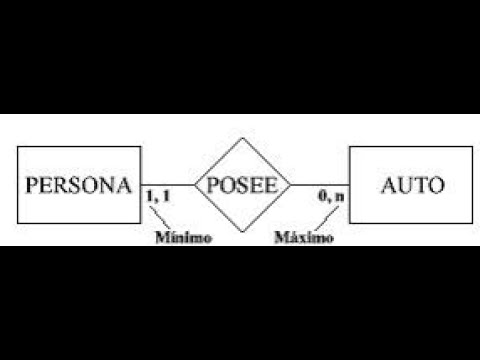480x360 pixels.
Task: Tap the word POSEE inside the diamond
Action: pyautogui.click(x=241, y=186)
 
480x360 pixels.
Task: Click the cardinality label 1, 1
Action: pyautogui.click(x=157, y=199)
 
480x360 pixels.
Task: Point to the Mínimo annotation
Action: pyautogui.click(x=182, y=238)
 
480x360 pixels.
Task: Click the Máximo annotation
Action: pyautogui.click(x=304, y=238)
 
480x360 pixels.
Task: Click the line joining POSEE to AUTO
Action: pyautogui.click(x=319, y=185)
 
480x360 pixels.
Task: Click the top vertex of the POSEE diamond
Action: pyautogui.click(x=242, y=137)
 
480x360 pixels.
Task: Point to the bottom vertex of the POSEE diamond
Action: pyautogui.click(x=242, y=234)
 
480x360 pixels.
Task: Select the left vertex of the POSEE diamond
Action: pyautogui.click(x=193, y=185)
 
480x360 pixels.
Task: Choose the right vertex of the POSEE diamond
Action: pyautogui.click(x=291, y=185)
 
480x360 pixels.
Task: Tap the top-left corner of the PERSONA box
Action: pyautogui.click(x=19, y=147)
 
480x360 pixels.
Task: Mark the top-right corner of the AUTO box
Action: pyautogui.click(x=467, y=147)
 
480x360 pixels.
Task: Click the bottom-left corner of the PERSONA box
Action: pyautogui.click(x=19, y=225)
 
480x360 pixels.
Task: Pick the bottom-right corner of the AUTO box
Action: pyautogui.click(x=467, y=225)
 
